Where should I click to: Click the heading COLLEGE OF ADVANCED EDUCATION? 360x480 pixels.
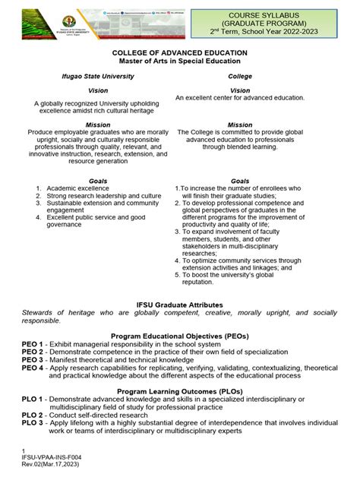179,52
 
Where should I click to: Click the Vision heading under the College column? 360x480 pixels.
240,90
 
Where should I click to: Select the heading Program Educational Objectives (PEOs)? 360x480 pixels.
179,336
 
